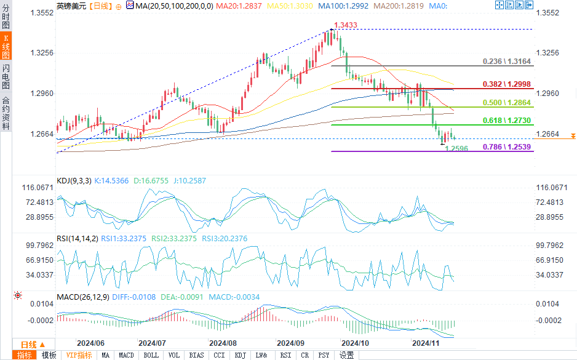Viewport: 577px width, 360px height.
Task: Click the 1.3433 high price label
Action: (344, 25)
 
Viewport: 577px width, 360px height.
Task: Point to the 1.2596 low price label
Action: (456, 148)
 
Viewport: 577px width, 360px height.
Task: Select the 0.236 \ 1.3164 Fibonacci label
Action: (507, 62)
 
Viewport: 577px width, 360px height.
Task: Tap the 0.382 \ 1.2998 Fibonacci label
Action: (507, 84)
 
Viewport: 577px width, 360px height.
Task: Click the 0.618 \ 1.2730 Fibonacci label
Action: (507, 121)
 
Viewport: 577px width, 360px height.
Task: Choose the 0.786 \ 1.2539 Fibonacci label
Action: (507, 146)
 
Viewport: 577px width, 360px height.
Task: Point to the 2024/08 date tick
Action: (223, 343)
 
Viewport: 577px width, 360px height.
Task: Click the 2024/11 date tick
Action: (425, 343)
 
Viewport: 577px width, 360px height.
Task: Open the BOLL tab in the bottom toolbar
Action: (151, 355)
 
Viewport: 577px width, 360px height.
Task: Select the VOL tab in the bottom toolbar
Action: (174, 355)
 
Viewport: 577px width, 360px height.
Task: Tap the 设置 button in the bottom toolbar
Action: (347, 355)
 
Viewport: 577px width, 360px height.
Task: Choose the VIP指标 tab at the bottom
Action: (79, 355)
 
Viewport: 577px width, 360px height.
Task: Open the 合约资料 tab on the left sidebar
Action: (6, 113)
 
